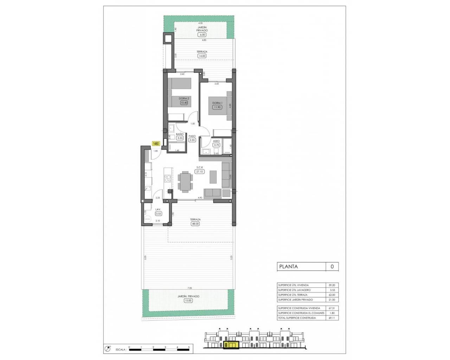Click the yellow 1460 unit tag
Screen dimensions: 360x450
(x=156, y=143)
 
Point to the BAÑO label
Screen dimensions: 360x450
(x=180, y=134)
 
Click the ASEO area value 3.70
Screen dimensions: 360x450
(x=216, y=144)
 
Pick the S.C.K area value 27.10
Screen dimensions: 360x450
(x=199, y=172)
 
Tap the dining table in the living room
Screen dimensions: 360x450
(x=185, y=181)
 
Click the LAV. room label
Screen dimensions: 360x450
(x=158, y=210)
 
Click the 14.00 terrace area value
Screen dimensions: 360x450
(x=202, y=56)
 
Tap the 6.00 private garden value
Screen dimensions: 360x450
(x=202, y=35)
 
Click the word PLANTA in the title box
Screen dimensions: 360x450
(x=288, y=266)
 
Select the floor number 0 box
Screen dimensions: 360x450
(x=332, y=266)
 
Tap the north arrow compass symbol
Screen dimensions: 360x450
(x=107, y=349)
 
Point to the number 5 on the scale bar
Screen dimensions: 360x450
(x=189, y=347)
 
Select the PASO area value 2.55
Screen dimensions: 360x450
(x=192, y=140)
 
